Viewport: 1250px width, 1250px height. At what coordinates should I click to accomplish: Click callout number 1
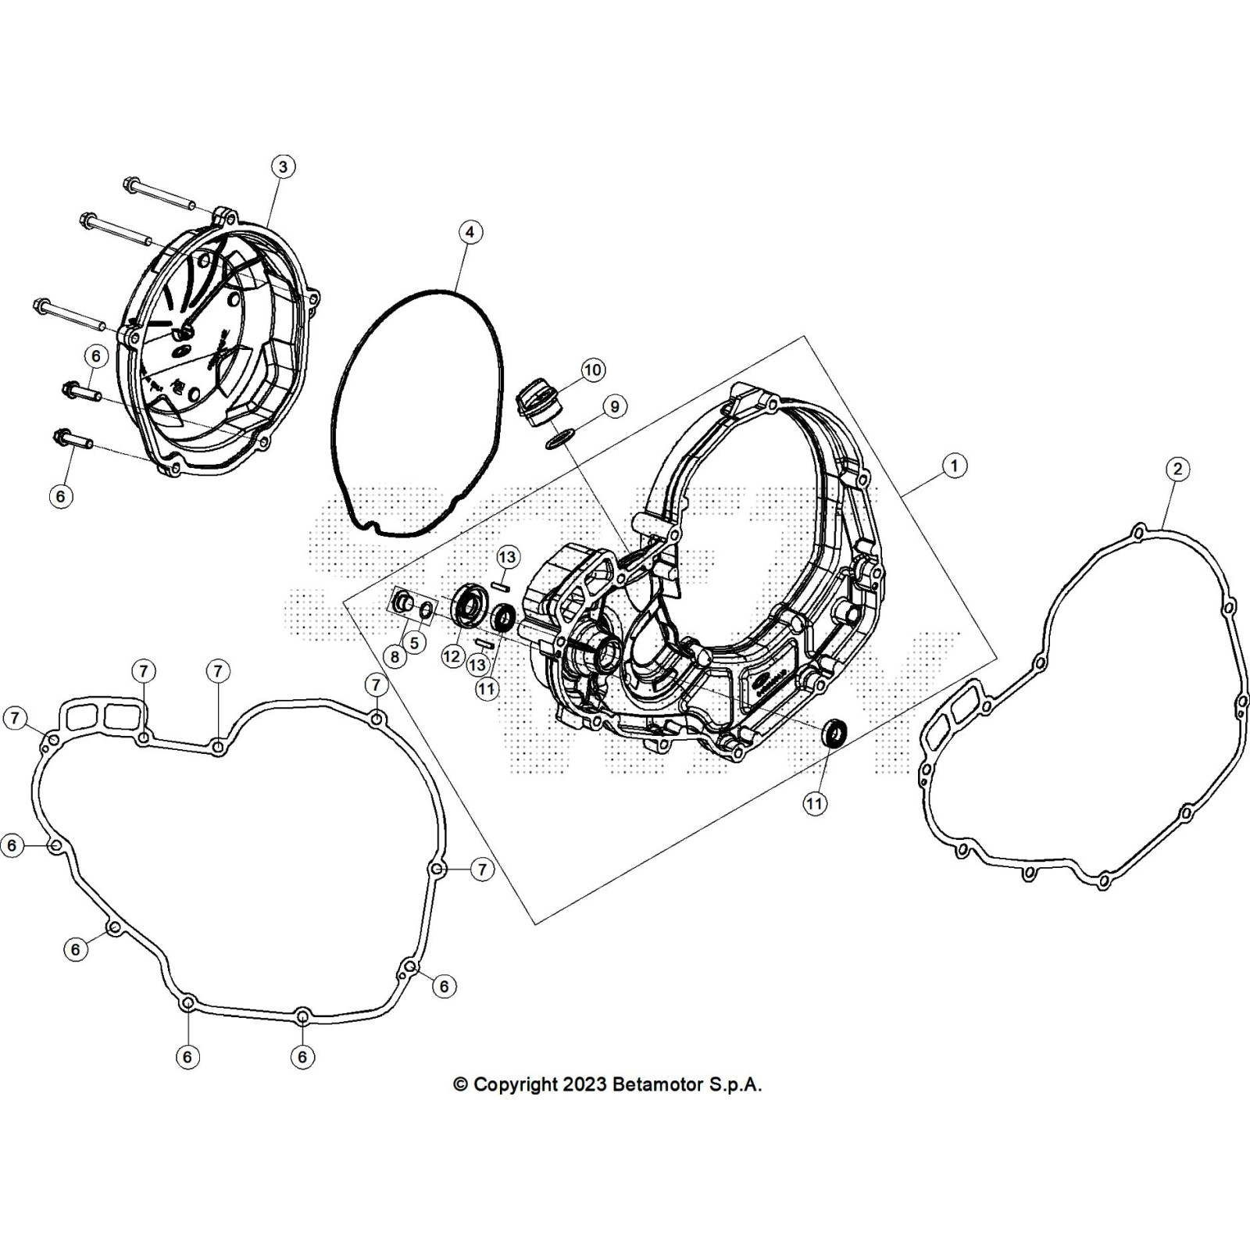(954, 466)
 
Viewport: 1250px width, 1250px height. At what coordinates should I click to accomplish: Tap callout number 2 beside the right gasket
(1177, 470)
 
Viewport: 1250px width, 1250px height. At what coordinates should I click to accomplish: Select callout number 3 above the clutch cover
(283, 166)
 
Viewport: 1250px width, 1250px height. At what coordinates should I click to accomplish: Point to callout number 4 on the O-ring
(469, 232)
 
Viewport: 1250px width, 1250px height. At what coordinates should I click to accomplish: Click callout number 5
(414, 643)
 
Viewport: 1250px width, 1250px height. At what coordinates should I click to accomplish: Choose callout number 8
(395, 657)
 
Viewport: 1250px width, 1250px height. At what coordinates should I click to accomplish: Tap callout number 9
(615, 407)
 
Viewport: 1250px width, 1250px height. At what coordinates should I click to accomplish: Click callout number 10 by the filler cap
(593, 370)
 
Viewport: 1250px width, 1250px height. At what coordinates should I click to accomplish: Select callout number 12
(452, 656)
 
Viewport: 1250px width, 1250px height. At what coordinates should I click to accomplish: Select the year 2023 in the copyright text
(584, 1084)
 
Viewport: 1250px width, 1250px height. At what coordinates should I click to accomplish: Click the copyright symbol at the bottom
(461, 1084)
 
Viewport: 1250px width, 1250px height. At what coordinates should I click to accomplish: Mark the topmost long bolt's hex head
(130, 185)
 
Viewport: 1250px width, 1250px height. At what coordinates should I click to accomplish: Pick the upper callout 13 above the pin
(508, 557)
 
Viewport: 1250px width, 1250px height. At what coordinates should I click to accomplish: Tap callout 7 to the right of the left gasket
(482, 869)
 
